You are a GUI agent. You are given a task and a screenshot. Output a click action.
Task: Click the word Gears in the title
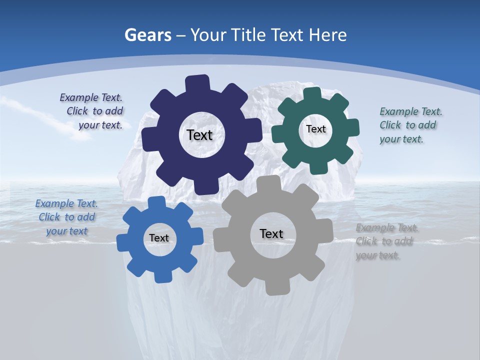(x=148, y=35)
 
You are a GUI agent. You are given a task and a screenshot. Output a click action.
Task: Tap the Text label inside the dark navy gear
(x=199, y=135)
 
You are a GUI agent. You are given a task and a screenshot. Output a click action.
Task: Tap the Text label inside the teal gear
(x=315, y=129)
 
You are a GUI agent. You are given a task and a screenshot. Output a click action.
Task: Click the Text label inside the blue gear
(x=159, y=238)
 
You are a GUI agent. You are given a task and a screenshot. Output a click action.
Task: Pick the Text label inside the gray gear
(x=271, y=233)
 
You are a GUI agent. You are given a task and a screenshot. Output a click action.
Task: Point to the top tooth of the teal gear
(x=312, y=93)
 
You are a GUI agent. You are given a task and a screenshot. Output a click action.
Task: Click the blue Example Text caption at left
(x=66, y=217)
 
